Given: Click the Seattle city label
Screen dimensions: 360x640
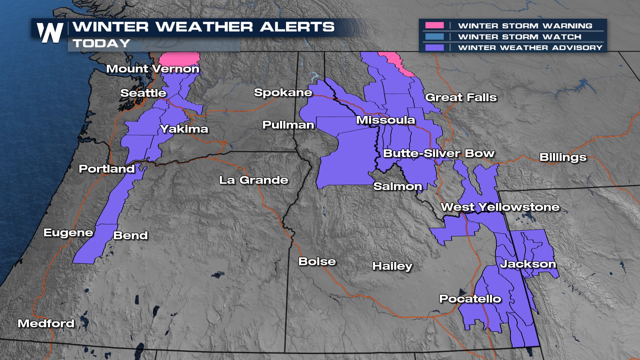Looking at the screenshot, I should [x=143, y=93].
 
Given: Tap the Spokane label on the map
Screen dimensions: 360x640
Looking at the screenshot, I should [x=283, y=92].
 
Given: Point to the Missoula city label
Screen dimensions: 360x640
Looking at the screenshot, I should [x=385, y=120].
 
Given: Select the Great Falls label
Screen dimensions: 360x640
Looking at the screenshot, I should [x=461, y=97].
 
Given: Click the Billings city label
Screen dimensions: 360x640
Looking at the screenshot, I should [x=563, y=157].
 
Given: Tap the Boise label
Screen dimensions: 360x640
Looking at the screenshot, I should [x=317, y=261].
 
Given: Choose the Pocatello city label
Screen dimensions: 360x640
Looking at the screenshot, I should [x=470, y=299].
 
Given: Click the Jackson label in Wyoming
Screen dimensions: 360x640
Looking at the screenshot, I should [x=528, y=264].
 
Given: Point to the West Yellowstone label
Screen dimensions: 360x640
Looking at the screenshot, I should [x=500, y=207].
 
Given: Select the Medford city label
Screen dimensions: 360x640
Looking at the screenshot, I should [x=46, y=323].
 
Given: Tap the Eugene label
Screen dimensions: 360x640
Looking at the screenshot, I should [x=68, y=233].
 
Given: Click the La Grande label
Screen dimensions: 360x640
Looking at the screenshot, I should [x=254, y=180].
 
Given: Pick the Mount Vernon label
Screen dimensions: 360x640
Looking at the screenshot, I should [x=153, y=69].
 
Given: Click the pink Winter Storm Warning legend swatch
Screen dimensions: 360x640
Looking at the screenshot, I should [x=434, y=26].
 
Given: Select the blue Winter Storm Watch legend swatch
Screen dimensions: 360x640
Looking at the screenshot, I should [x=434, y=37].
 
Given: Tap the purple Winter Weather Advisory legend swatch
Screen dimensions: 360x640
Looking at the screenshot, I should [x=434, y=48].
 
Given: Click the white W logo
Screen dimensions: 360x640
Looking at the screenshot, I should [x=50, y=33].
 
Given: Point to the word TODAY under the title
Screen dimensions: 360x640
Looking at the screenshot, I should [x=101, y=43].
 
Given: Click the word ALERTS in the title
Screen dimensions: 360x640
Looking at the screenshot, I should [x=297, y=27].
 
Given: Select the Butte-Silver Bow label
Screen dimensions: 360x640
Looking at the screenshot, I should [x=439, y=153].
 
